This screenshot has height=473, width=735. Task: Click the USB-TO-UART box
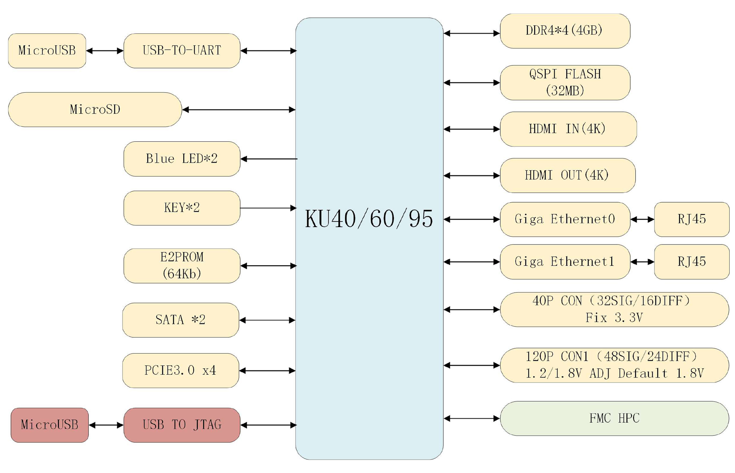[182, 51]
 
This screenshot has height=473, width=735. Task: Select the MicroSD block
[95, 110]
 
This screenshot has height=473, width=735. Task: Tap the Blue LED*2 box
[182, 159]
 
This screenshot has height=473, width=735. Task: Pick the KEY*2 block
[182, 208]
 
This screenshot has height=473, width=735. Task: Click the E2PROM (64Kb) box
[182, 266]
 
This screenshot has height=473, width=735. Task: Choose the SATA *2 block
[180, 320]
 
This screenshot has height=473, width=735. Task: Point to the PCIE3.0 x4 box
[180, 370]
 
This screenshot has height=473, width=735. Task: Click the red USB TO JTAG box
[182, 425]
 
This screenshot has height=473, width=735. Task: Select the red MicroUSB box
[50, 425]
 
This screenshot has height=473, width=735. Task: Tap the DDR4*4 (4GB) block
[565, 31]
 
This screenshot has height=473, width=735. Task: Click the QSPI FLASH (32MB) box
[565, 82]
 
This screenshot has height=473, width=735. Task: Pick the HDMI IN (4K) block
[568, 129]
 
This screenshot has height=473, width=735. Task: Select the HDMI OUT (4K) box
[567, 175]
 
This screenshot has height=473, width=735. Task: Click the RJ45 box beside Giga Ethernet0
[691, 219]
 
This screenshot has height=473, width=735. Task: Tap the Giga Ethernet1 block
[565, 262]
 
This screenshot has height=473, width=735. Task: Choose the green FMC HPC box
[614, 418]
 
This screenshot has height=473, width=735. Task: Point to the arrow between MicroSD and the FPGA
[239, 110]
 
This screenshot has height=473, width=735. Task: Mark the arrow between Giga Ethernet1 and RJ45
[642, 262]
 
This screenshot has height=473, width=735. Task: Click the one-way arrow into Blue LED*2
[268, 159]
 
